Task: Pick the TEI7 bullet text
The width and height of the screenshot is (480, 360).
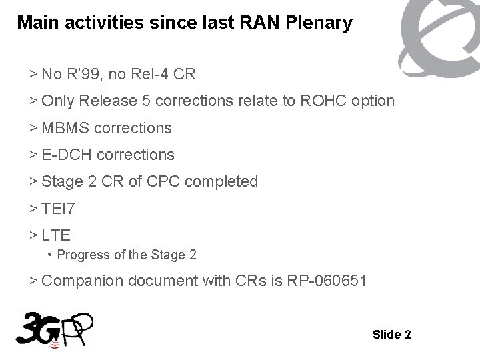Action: (x=59, y=209)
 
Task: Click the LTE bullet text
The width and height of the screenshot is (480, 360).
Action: (x=56, y=236)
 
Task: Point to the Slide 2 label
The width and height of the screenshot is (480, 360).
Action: (x=392, y=334)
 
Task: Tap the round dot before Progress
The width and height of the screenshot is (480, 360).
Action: (x=51, y=255)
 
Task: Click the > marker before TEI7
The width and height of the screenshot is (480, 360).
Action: (x=33, y=209)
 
